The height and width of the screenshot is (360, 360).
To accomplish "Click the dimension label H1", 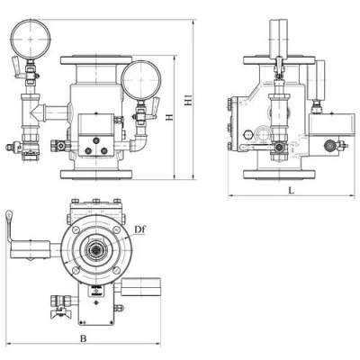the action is point(188,100).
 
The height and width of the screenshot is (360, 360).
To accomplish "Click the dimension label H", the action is point(170,117).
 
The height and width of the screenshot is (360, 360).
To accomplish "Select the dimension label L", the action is point(291,190).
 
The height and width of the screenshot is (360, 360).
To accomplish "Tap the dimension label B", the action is point(84,338).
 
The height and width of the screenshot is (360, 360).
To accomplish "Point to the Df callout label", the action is point(139,229).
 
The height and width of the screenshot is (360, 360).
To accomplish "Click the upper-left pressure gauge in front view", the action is point(31,39).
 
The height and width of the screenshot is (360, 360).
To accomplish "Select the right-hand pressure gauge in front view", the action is point(141,81).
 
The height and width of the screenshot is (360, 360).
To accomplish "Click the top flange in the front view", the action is point(96,60).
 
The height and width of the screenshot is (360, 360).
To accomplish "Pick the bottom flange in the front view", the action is point(96,175).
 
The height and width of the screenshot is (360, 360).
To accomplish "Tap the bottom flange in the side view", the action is point(279,175).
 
